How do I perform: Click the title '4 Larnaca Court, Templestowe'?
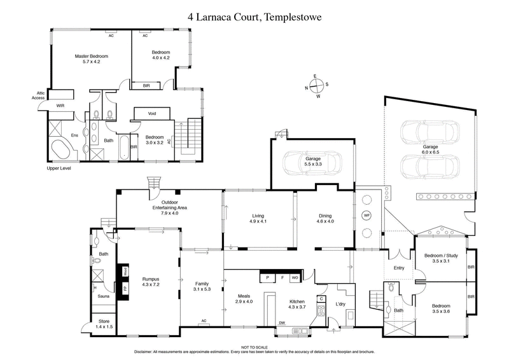(x=254, y=18)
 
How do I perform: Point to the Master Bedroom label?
(x=88, y=59)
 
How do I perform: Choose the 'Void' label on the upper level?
(x=152, y=113)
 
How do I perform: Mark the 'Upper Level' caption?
(x=59, y=169)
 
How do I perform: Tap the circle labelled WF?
(x=366, y=216)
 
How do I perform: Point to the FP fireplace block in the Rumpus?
(x=125, y=287)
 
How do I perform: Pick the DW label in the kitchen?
(x=282, y=323)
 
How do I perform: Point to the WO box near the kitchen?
(x=295, y=278)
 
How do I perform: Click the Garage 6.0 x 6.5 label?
(x=431, y=149)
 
